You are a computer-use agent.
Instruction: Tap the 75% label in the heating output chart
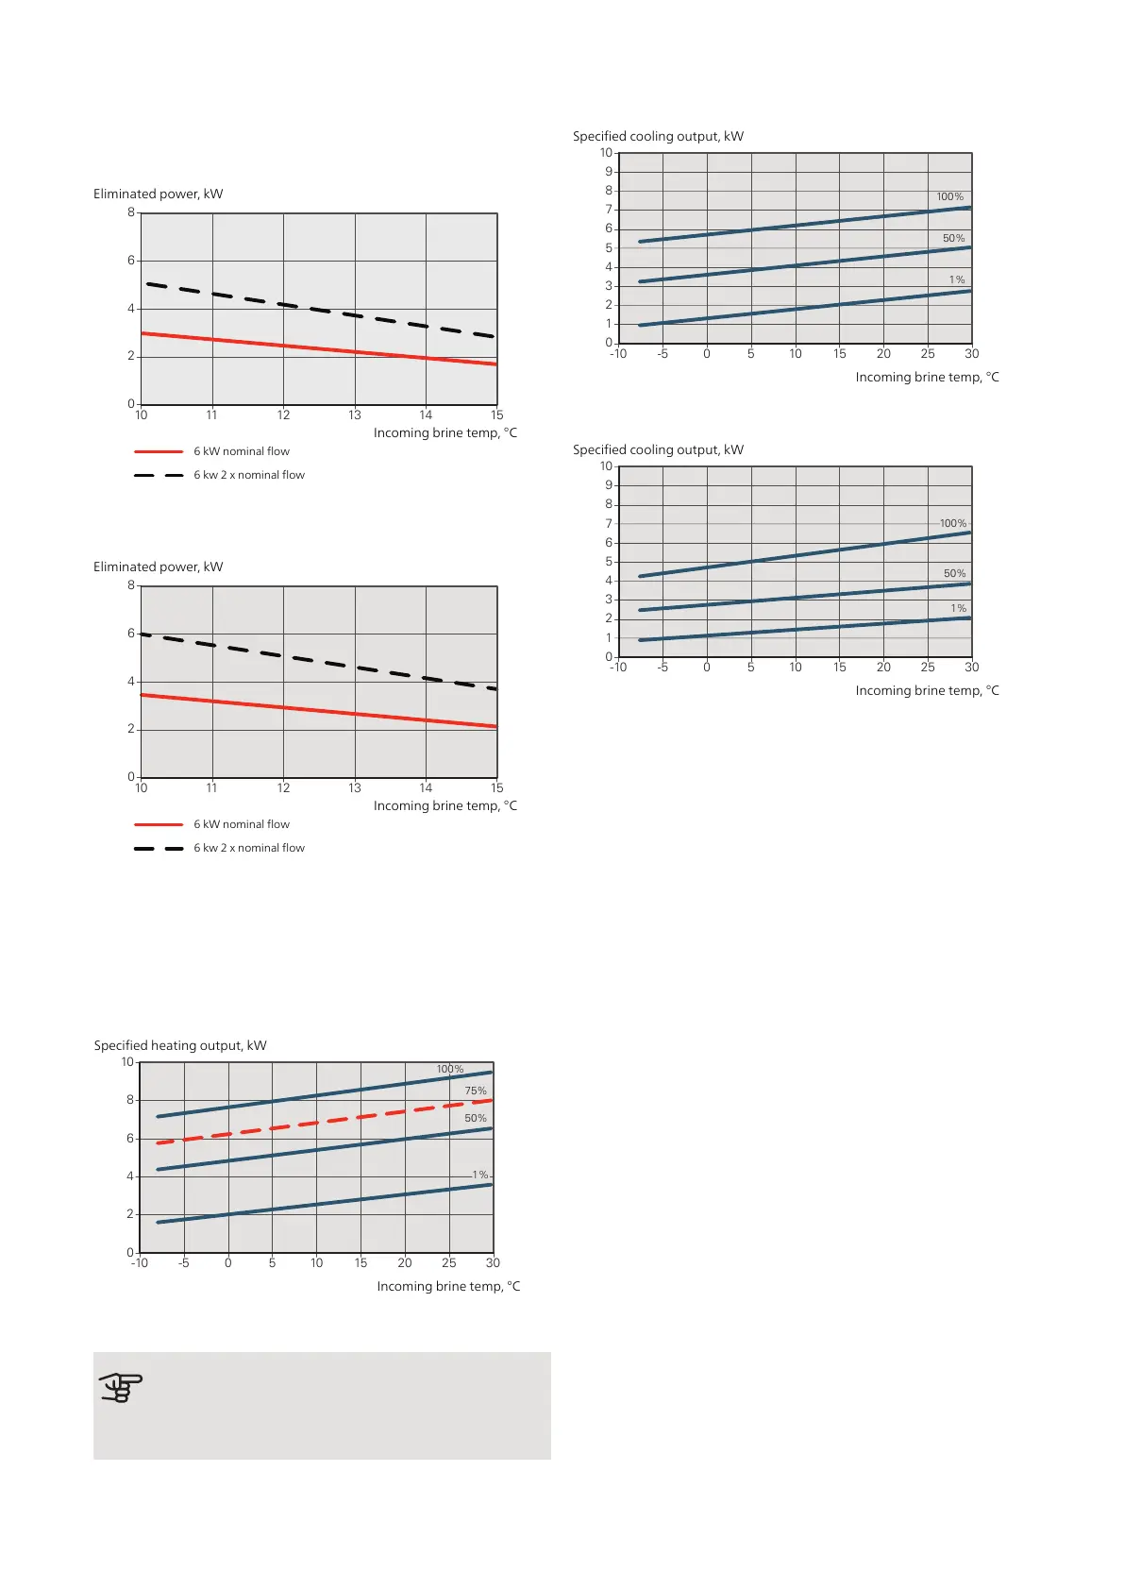click(x=476, y=1091)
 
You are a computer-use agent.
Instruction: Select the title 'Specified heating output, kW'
click(x=180, y=1045)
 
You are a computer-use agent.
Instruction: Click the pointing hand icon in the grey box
click(x=121, y=1388)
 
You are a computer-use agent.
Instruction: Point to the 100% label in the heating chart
click(x=450, y=1070)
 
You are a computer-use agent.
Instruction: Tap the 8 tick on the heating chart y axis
click(x=130, y=1100)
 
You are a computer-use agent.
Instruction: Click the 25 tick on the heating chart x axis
click(x=449, y=1263)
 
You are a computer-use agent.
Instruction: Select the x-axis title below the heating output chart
click(x=448, y=1286)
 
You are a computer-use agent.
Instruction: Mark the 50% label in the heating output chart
click(x=476, y=1118)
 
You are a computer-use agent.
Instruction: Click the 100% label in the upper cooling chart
click(x=950, y=197)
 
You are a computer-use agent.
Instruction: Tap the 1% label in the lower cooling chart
click(x=959, y=609)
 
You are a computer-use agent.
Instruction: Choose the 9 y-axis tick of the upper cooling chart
click(x=609, y=172)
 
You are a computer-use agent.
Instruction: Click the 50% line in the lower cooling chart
click(x=802, y=597)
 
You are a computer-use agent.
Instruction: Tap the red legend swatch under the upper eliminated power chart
click(x=159, y=451)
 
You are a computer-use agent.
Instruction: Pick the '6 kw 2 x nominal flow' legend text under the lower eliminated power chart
click(x=249, y=848)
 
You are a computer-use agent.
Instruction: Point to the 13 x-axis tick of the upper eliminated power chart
click(x=355, y=415)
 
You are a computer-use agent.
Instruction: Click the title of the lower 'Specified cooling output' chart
click(x=658, y=449)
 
